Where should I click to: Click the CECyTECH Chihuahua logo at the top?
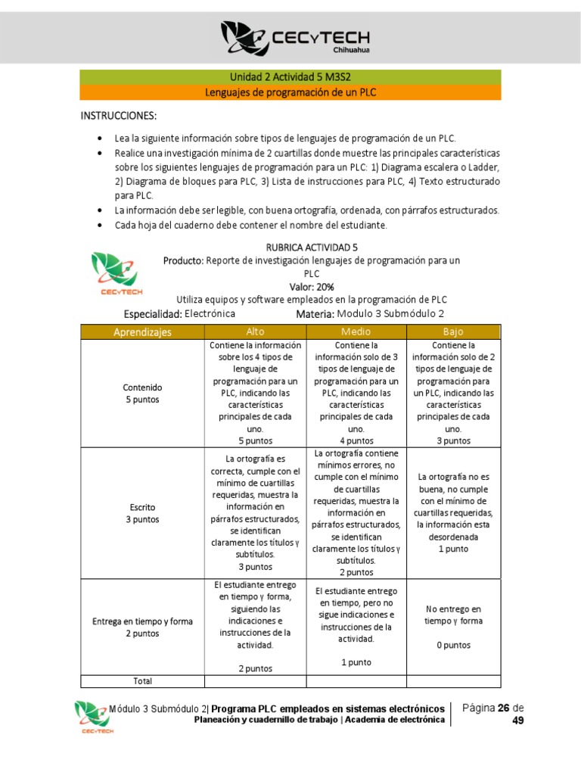pyautogui.click(x=290, y=37)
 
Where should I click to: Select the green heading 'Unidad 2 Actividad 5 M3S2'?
pyautogui.click(x=290, y=77)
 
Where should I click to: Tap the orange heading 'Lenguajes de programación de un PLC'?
pyautogui.click(x=290, y=92)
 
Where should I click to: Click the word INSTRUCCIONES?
pyautogui.click(x=119, y=116)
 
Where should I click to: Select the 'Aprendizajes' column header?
pyautogui.click(x=142, y=331)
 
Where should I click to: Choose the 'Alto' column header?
pyautogui.click(x=255, y=331)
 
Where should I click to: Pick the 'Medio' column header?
pyautogui.click(x=356, y=331)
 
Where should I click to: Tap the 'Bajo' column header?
pyautogui.click(x=453, y=331)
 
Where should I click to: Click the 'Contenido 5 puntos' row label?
pyautogui.click(x=142, y=393)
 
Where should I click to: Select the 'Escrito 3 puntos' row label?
pyautogui.click(x=142, y=513)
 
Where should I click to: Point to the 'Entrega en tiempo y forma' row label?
pyautogui.click(x=142, y=621)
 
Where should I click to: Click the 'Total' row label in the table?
pyautogui.click(x=142, y=680)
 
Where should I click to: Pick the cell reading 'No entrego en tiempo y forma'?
pyautogui.click(x=453, y=615)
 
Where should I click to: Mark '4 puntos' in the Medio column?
pyautogui.click(x=356, y=440)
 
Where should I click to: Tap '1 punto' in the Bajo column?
pyautogui.click(x=453, y=549)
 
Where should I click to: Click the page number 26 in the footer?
pyautogui.click(x=502, y=708)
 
